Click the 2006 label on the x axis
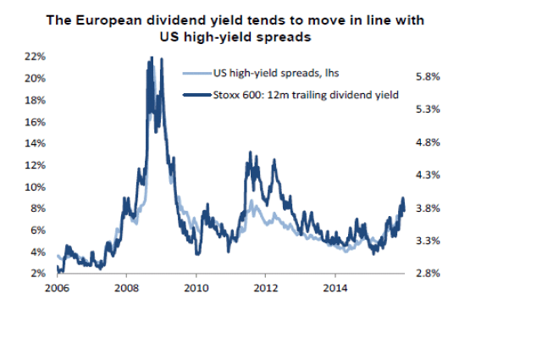point(57,288)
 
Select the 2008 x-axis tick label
point(126,288)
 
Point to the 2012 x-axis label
point(266,288)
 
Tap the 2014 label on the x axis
point(335,288)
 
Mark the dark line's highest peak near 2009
point(151,58)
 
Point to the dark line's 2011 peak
point(249,152)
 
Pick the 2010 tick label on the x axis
point(196,288)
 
